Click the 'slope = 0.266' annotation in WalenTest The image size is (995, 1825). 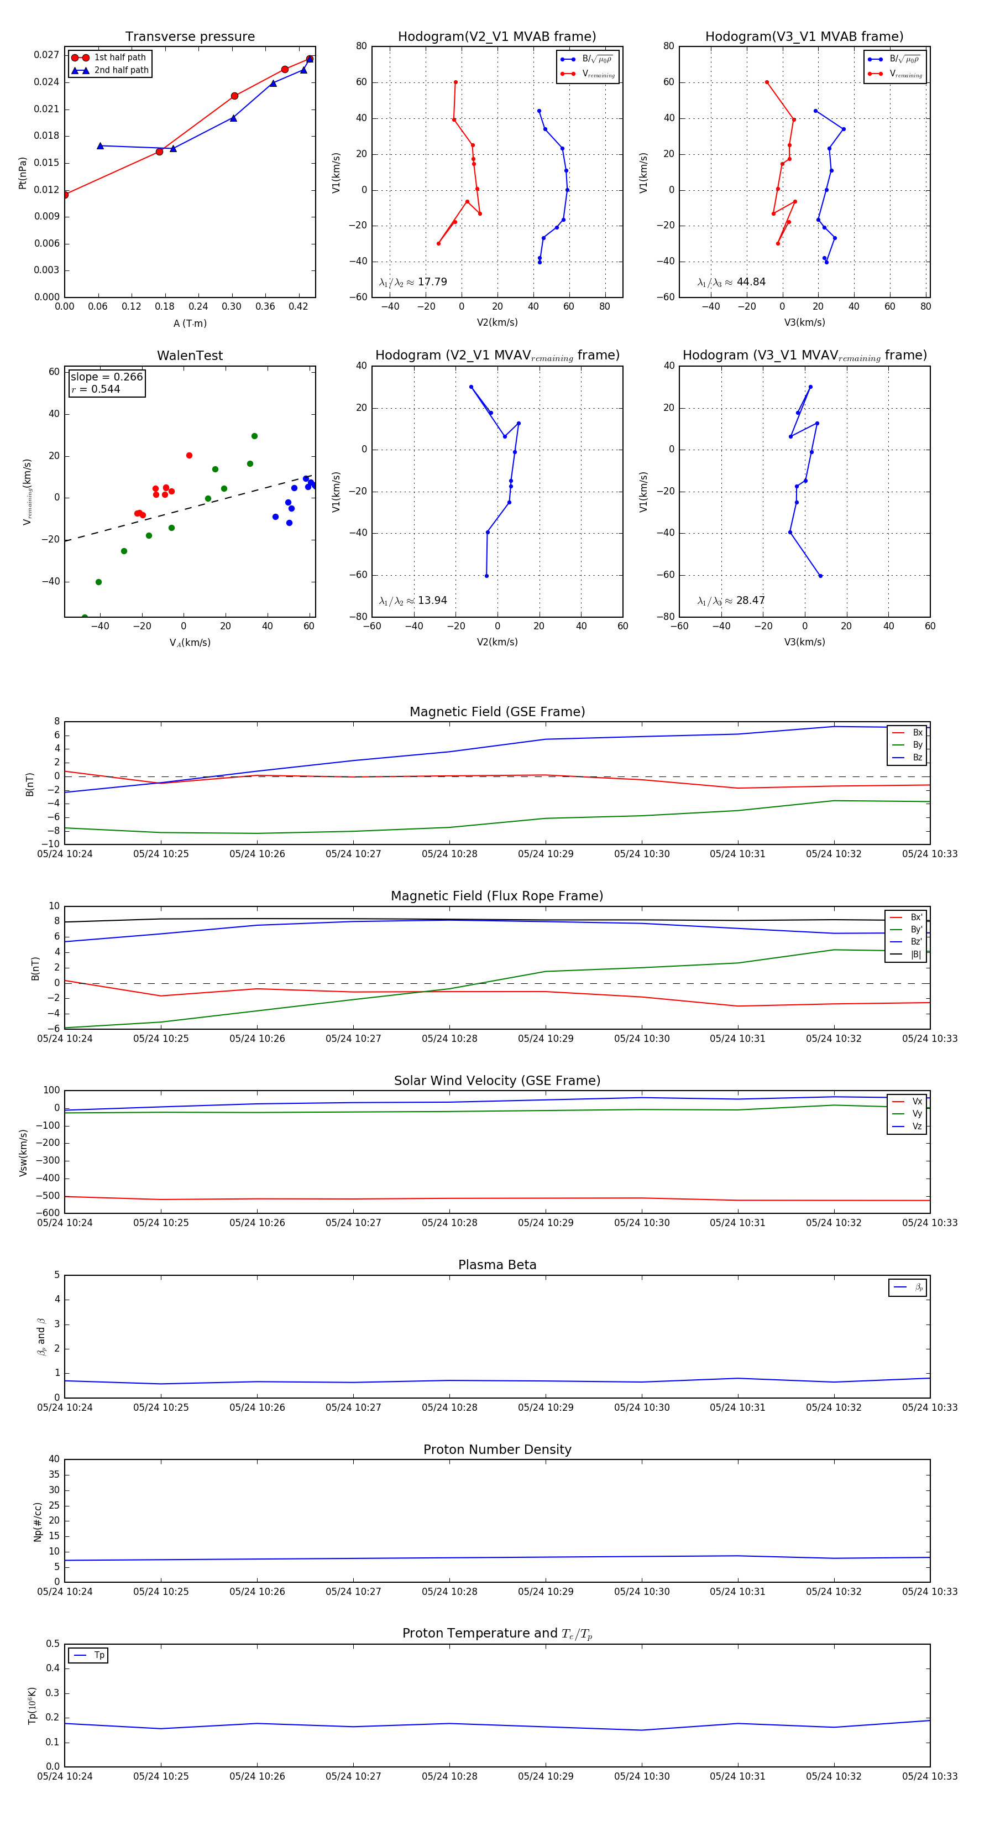(x=106, y=377)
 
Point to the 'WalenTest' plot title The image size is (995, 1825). (x=190, y=356)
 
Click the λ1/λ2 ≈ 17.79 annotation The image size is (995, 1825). (x=413, y=282)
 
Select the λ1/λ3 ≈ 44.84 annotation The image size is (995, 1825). (x=731, y=282)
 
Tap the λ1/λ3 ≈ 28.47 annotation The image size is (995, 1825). (x=731, y=601)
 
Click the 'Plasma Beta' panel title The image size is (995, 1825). (x=497, y=1265)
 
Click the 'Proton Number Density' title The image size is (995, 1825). (x=497, y=1449)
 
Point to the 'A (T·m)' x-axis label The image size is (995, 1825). (x=190, y=324)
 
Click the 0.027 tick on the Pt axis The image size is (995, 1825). (x=47, y=55)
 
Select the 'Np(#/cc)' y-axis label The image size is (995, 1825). (x=38, y=1522)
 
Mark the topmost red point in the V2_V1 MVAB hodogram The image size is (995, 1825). (x=455, y=82)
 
